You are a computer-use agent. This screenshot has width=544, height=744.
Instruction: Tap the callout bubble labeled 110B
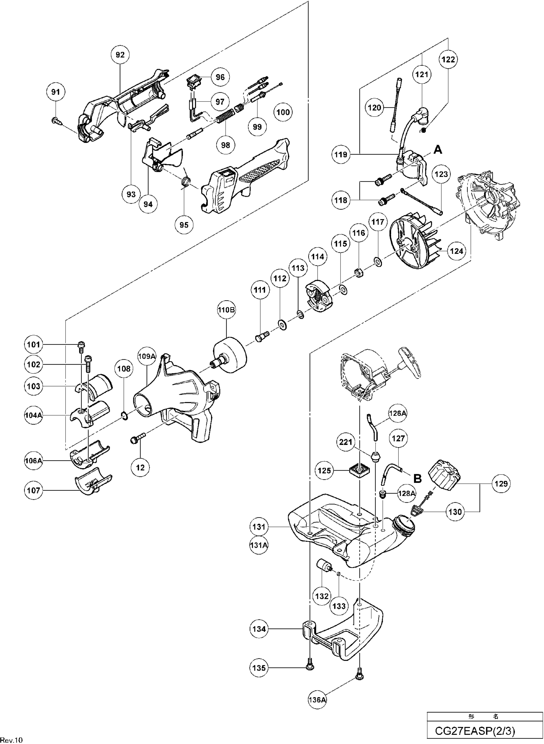coord(226,310)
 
